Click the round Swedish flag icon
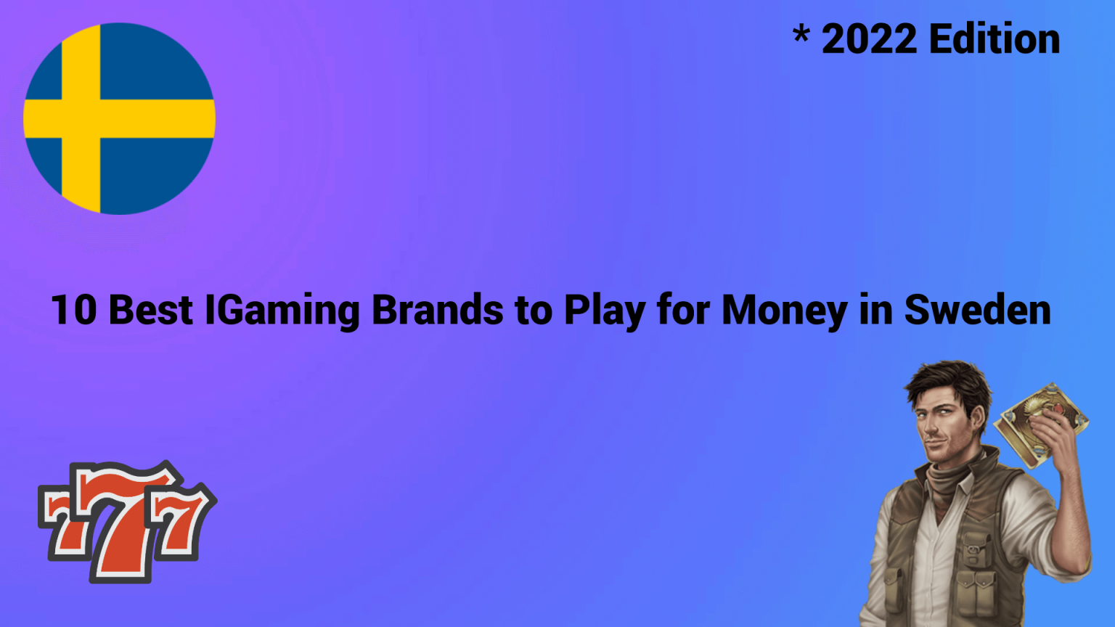click(119, 118)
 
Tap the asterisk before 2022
click(801, 34)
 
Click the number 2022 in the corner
click(869, 39)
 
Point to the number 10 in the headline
click(73, 311)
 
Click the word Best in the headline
click(151, 311)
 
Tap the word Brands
click(437, 311)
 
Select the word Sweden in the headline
click(977, 311)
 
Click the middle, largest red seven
click(125, 522)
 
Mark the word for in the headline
click(683, 311)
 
